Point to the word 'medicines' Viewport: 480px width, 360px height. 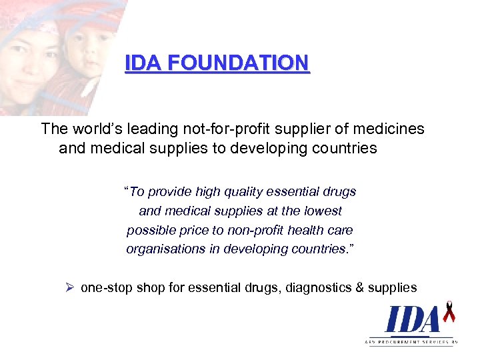392,129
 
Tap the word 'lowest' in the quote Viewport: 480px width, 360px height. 322,211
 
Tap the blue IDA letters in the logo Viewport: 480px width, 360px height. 411,320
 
